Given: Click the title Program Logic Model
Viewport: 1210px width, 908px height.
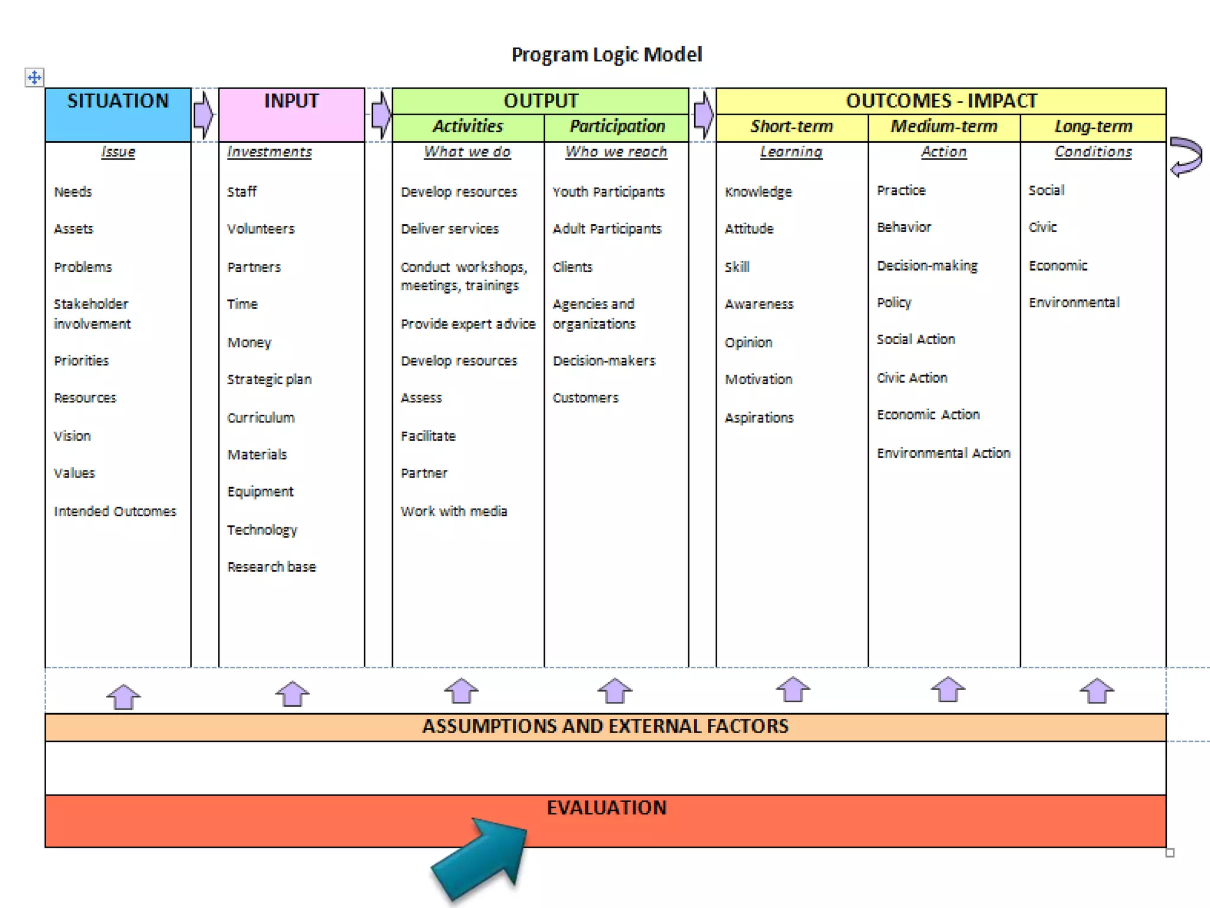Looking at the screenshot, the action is tap(606, 55).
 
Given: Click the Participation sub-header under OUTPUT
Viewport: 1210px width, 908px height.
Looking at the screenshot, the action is tap(617, 127).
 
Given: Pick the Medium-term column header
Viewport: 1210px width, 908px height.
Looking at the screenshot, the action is tap(944, 127).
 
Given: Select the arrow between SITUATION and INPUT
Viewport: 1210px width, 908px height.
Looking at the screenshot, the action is tap(204, 114).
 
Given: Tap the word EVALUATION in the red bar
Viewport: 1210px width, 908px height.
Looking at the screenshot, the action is tap(606, 808).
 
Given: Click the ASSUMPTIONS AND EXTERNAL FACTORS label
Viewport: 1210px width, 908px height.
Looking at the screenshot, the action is tap(605, 727).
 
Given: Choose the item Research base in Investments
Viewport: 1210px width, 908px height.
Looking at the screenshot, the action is tap(271, 567).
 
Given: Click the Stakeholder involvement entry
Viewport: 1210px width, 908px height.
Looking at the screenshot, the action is tap(92, 314).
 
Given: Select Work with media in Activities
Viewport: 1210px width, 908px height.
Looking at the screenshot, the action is tap(454, 511).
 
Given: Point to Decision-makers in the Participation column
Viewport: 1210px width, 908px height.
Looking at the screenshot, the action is tap(604, 361).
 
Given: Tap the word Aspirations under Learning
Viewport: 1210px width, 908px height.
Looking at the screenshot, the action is tap(759, 418).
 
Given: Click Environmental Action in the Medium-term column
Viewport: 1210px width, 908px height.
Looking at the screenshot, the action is tap(943, 453).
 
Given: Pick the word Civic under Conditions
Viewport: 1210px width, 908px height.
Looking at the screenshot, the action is tap(1042, 228).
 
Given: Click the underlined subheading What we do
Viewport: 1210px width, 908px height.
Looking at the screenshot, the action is tap(467, 152).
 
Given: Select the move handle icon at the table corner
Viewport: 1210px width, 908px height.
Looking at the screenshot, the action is tap(34, 77).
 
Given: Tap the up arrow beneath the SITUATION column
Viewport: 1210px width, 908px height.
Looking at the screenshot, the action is tap(123, 696).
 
